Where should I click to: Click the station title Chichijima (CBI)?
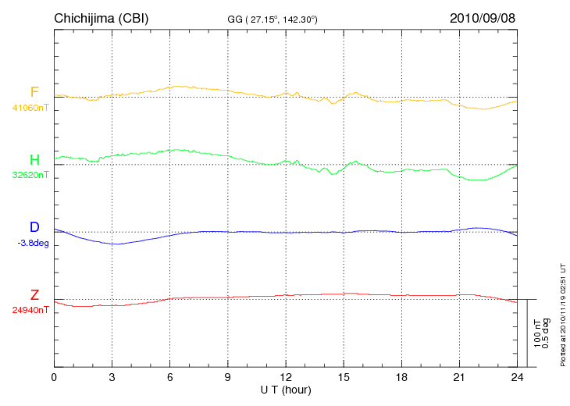(x=101, y=18)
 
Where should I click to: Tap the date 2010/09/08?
(x=483, y=18)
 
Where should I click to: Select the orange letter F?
(x=34, y=93)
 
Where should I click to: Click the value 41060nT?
(x=30, y=108)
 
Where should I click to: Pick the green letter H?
(x=34, y=160)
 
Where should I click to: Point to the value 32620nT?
(x=30, y=175)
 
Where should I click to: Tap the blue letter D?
(x=34, y=227)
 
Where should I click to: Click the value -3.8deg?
(x=32, y=242)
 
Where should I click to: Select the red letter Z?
(x=34, y=295)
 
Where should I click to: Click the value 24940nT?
(x=30, y=310)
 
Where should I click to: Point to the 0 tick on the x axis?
(x=54, y=378)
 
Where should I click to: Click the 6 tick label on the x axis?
(x=169, y=378)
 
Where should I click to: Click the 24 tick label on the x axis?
(x=516, y=378)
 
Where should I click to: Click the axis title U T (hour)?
(x=286, y=390)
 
